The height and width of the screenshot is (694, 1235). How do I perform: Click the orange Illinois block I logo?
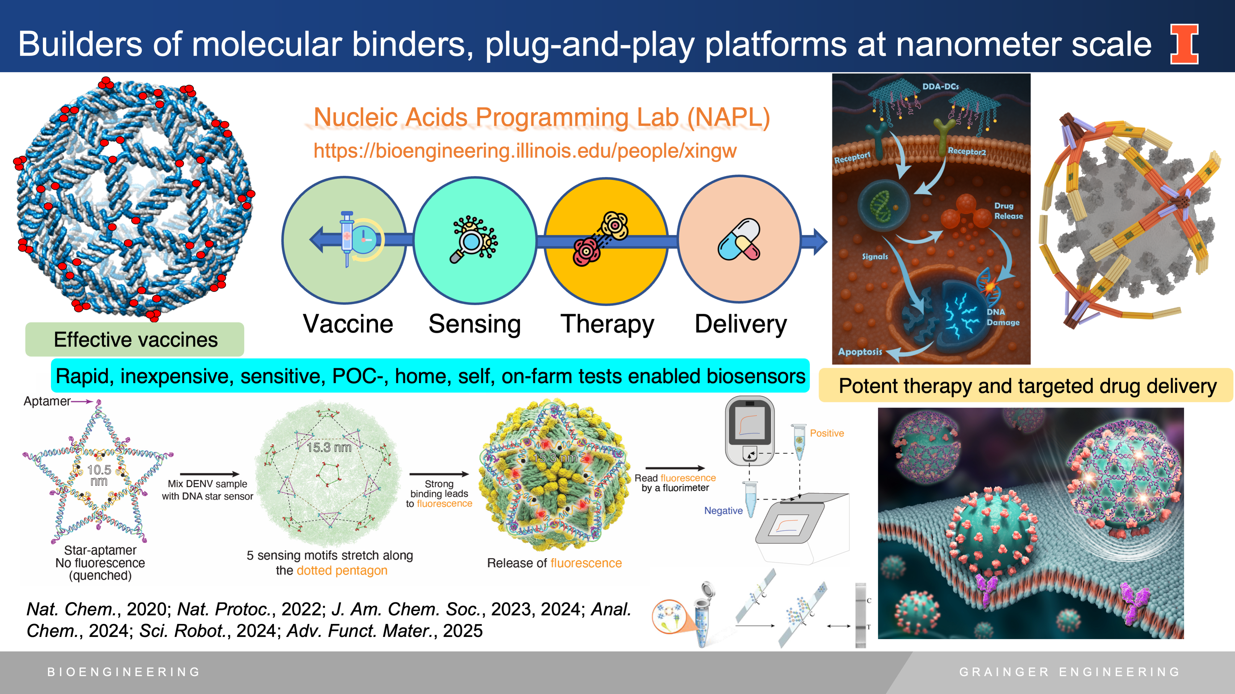pos(1184,44)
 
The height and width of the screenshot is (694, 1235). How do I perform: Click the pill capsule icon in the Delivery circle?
pos(739,239)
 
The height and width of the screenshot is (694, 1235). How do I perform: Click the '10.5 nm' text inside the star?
pos(99,475)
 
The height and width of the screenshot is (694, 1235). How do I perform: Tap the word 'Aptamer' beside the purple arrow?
pos(47,401)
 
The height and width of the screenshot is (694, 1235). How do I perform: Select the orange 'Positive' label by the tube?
pos(826,433)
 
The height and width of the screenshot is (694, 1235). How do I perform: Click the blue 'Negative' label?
pos(723,511)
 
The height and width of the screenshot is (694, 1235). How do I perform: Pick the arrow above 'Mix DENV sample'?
pos(209,474)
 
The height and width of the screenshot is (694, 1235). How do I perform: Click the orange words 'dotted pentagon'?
pos(342,571)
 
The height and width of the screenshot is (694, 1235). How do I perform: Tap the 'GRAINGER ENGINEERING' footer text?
pos(1069,672)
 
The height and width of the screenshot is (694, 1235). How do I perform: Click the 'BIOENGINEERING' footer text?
pos(124,672)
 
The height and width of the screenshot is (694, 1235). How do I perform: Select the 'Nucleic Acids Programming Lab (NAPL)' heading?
pos(541,117)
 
